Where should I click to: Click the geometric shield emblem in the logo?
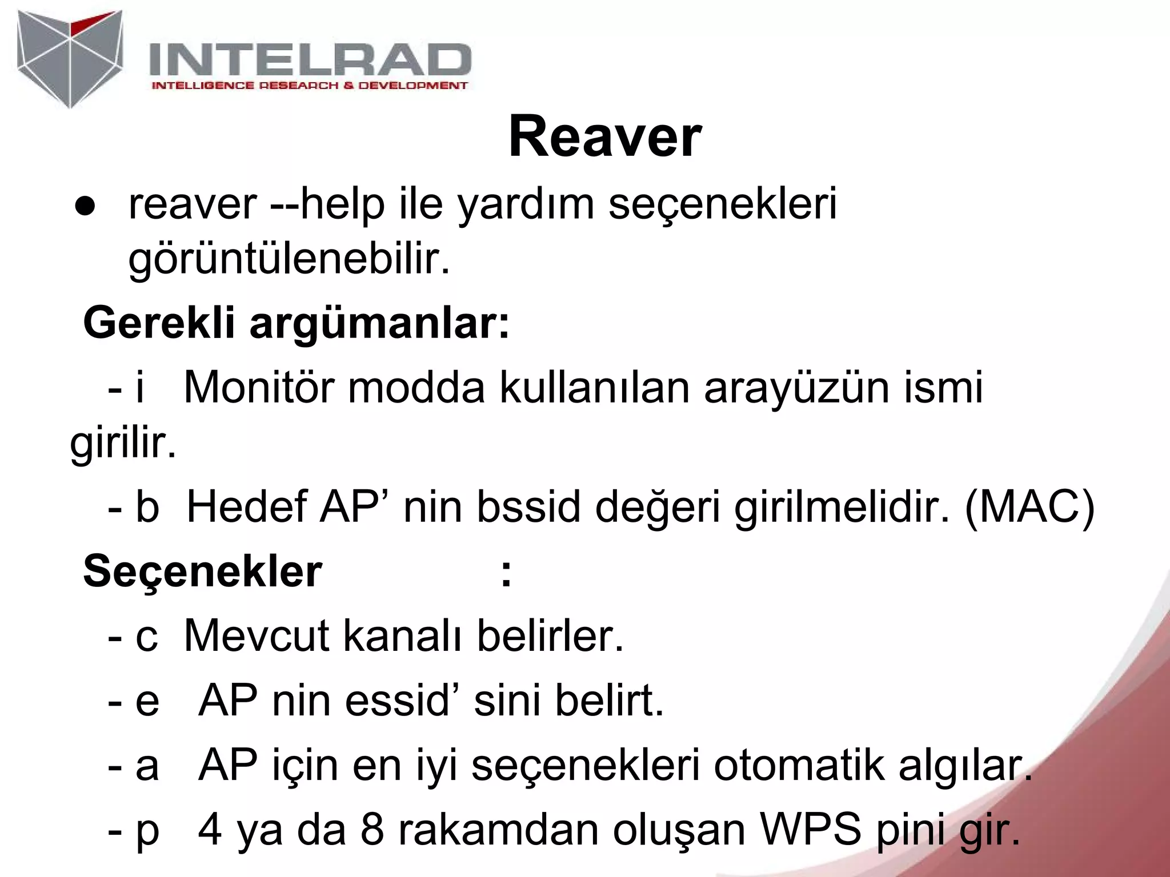(x=70, y=59)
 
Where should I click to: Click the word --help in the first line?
(x=327, y=203)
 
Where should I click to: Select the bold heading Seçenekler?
(x=203, y=572)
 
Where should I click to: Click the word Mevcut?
(x=257, y=635)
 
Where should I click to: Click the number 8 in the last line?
(x=372, y=830)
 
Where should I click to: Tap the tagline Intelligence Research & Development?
(x=309, y=86)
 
